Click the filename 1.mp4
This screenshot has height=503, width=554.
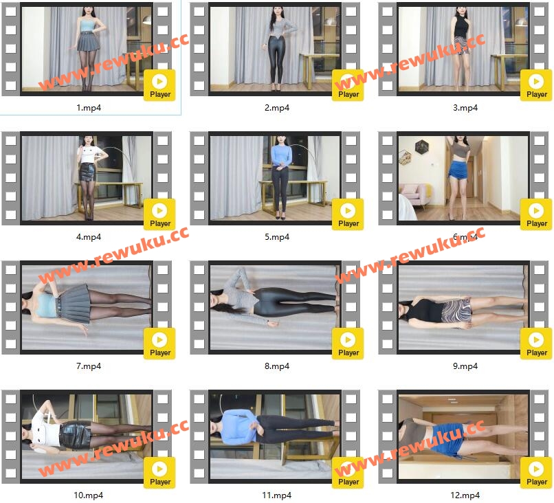[x=89, y=108]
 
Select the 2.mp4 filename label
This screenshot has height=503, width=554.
[x=277, y=108]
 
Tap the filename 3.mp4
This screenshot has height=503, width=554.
[x=465, y=108]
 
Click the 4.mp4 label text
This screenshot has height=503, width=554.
[x=89, y=237]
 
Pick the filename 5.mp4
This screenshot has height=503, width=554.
[x=277, y=237]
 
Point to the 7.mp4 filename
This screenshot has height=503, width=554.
[x=89, y=366]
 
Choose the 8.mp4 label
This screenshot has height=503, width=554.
[x=277, y=366]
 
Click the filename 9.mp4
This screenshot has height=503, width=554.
[x=465, y=366]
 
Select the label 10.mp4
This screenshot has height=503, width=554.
[x=89, y=495]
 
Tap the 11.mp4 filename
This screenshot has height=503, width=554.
[x=276, y=495]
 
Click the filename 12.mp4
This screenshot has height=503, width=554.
[x=465, y=495]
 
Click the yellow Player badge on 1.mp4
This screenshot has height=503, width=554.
[x=159, y=85]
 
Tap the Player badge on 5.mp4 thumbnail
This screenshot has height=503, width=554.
[x=348, y=214]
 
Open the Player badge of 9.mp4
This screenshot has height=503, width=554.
[x=536, y=344]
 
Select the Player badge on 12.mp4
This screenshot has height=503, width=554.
[x=536, y=473]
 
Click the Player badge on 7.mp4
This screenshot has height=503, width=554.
[x=159, y=344]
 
